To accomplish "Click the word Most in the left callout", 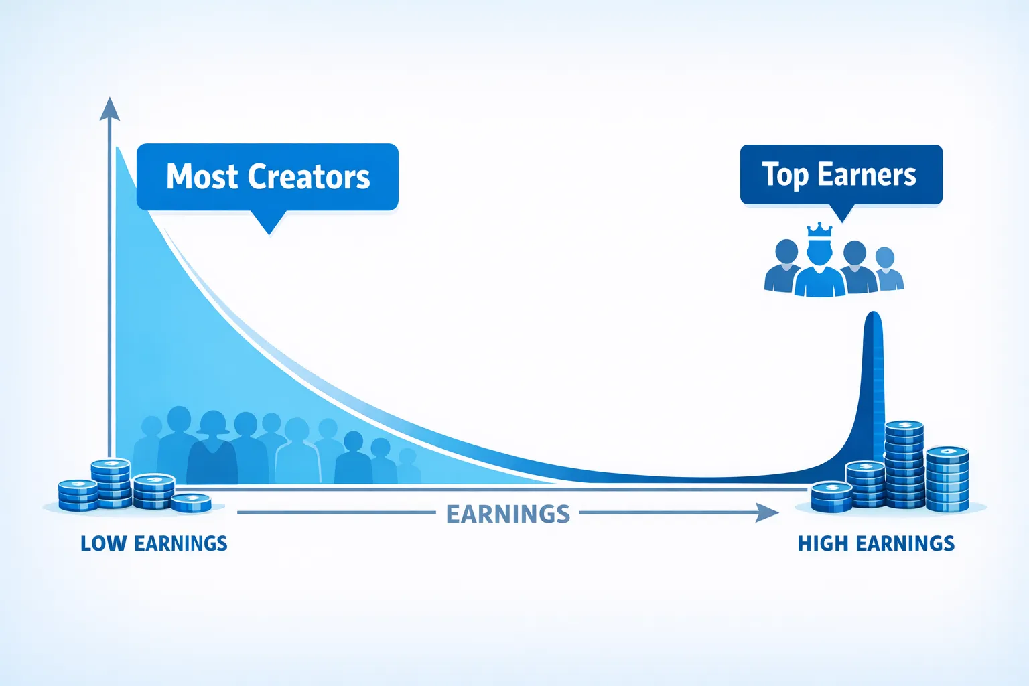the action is click(x=202, y=176).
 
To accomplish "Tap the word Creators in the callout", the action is click(x=309, y=176).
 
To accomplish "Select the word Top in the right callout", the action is click(x=784, y=175).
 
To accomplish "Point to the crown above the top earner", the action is click(x=819, y=230).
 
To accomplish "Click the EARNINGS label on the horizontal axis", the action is click(x=508, y=514).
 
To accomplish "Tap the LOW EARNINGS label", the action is click(x=154, y=543).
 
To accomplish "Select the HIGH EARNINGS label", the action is click(x=876, y=543).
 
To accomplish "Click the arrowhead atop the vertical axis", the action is click(x=109, y=109).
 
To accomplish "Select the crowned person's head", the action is click(x=819, y=252).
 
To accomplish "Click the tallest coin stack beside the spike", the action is click(x=904, y=464).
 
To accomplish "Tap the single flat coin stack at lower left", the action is click(x=191, y=503).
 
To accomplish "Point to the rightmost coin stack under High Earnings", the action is click(x=947, y=479).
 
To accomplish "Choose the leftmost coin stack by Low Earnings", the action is click(x=78, y=495).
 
